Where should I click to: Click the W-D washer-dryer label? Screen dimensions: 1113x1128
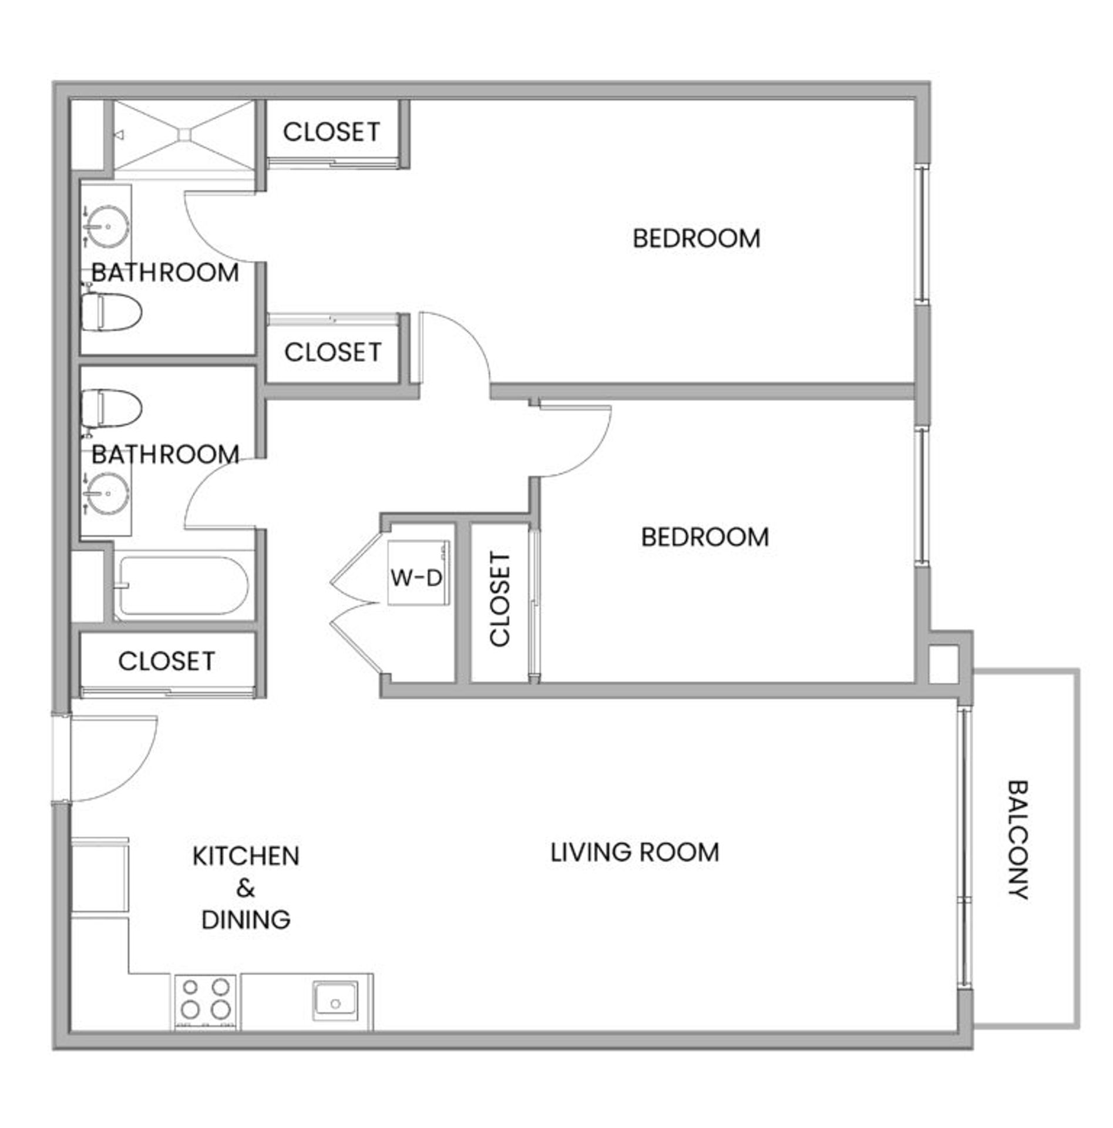416,579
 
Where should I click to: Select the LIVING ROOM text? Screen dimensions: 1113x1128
635,852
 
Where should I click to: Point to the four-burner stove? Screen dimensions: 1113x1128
205,1002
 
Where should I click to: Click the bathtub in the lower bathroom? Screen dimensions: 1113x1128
181,586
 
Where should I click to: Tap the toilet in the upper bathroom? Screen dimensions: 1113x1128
111,311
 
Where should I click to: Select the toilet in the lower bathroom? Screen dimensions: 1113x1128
111,408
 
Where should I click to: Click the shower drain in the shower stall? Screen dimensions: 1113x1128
184,134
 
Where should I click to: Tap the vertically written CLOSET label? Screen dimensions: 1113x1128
500,600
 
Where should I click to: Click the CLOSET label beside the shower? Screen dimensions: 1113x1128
332,132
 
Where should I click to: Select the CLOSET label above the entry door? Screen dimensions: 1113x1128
167,661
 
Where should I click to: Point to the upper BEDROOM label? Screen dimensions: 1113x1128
697,239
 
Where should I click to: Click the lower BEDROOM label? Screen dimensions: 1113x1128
705,537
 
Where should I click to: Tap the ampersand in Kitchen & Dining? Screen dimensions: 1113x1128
246,888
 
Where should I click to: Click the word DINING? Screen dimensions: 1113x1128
246,920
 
